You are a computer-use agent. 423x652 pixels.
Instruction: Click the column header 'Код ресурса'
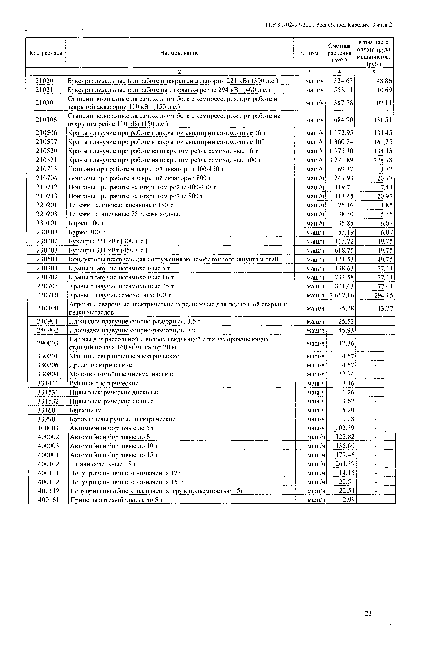tap(46, 53)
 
